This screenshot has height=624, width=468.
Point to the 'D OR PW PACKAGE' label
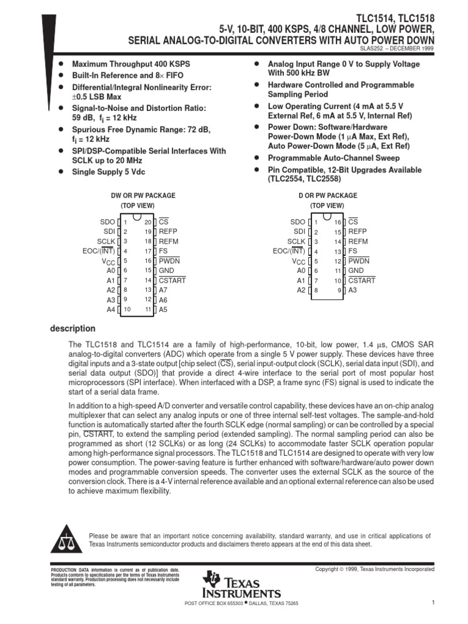tap(319, 196)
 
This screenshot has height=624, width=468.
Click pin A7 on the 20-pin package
tap(163, 290)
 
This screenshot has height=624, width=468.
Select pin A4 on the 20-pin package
tap(110, 310)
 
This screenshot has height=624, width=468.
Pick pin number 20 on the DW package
tap(148, 222)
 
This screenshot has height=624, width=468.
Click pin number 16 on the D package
tap(338, 222)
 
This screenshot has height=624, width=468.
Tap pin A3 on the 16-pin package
tap(353, 290)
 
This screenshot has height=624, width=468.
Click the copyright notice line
tap(374, 569)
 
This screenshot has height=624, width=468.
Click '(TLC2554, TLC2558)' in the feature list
tap(304, 180)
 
